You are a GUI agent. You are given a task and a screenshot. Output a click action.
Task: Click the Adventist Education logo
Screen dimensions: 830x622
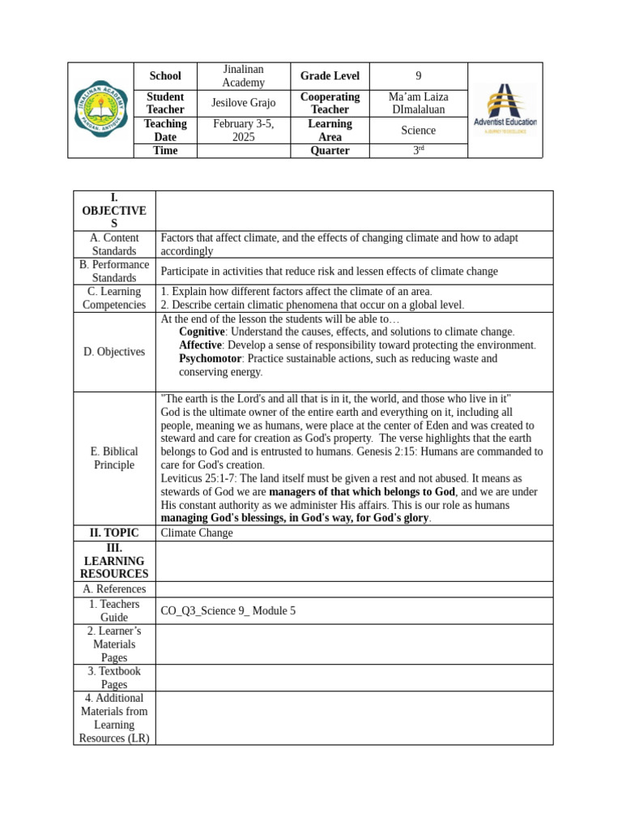click(505, 109)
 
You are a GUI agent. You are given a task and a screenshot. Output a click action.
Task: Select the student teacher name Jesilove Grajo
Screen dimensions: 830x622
click(243, 103)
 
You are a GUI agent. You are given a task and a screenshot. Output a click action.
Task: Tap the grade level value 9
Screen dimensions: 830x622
click(418, 76)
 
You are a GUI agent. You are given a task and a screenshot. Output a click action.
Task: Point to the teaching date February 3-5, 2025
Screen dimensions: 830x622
click(243, 130)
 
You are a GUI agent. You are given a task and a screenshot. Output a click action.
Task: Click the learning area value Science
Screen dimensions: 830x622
click(418, 130)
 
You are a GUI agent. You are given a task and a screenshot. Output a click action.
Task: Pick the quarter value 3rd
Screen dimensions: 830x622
click(418, 151)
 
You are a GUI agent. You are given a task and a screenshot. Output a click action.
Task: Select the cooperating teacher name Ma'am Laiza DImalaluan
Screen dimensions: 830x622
click(418, 103)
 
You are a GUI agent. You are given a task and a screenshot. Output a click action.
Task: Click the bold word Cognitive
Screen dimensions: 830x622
click(201, 332)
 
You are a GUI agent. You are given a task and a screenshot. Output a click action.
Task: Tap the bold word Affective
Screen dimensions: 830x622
click(199, 345)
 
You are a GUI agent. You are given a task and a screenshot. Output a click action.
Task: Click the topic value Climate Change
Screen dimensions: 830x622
click(197, 533)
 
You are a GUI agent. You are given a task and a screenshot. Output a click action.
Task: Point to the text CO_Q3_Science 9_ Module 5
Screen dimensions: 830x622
click(228, 611)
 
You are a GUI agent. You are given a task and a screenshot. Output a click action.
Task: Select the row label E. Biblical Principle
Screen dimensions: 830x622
click(114, 458)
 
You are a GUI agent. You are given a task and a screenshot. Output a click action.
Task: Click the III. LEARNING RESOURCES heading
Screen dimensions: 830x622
click(114, 561)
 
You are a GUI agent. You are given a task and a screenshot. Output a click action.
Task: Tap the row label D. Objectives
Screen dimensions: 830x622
click(114, 352)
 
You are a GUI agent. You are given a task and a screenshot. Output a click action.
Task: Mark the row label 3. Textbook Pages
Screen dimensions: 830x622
click(114, 678)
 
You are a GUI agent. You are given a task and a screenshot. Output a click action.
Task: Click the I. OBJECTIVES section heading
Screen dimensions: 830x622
click(114, 211)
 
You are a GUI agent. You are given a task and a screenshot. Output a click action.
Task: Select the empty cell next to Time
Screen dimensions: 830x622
click(243, 151)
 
